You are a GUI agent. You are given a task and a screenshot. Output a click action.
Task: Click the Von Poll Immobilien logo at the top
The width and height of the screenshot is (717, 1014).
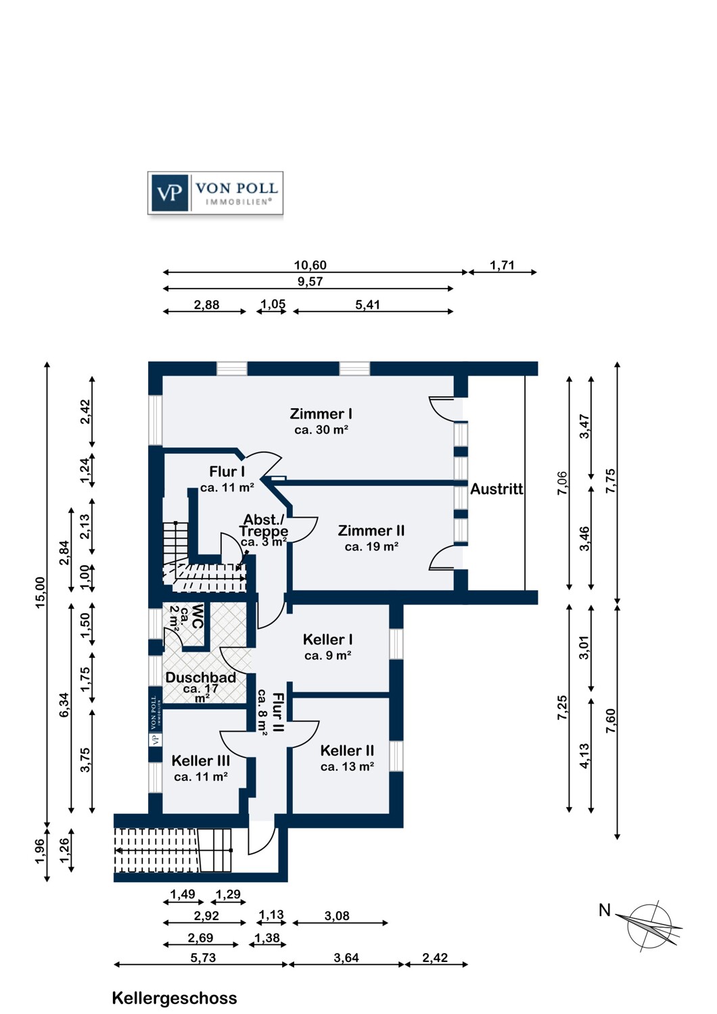215,193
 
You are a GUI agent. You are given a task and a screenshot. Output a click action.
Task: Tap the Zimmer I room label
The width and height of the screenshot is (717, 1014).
321,414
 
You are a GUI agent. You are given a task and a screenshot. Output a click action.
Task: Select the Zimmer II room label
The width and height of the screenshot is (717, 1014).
371,531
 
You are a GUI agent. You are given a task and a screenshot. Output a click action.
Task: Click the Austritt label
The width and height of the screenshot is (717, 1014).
496,489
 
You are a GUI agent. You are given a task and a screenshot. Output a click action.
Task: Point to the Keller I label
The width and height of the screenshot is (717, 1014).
327,639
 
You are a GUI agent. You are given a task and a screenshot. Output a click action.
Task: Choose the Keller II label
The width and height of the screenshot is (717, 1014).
347,751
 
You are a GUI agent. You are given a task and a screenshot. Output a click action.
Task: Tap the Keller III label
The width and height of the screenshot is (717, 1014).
201,761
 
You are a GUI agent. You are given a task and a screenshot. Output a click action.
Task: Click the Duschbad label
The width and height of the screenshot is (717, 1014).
201,677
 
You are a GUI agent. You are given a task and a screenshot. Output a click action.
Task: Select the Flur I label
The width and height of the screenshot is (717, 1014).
227,472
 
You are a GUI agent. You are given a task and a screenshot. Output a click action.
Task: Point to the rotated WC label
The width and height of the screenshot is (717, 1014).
197,617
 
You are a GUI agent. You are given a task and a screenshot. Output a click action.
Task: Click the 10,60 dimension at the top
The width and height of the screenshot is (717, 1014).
310,266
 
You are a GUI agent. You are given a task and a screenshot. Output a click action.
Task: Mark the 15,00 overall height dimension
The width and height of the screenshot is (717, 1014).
41,593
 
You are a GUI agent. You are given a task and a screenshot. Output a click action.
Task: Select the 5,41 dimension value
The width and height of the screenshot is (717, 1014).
367,305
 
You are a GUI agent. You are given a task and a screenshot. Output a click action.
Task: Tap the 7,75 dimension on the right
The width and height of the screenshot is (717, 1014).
611,481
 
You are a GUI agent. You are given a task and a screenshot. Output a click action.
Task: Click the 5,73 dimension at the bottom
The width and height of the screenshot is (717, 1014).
203,958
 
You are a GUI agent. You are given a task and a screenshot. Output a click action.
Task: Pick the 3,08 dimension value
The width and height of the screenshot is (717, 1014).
337,917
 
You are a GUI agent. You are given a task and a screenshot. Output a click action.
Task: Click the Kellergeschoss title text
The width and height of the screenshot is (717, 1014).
175,998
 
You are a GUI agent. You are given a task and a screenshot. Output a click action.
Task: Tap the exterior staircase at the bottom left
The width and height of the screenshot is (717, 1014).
173,850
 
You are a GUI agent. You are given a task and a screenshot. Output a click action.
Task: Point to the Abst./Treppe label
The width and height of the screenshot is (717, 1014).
264,525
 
